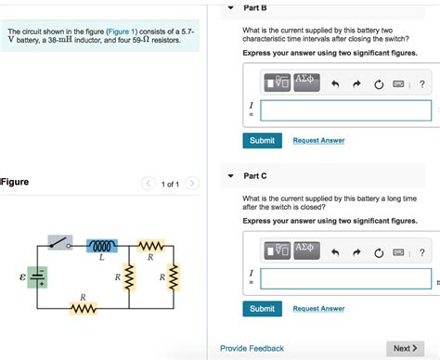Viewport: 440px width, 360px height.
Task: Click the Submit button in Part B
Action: (262, 140)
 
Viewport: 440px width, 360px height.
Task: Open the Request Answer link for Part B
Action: (318, 140)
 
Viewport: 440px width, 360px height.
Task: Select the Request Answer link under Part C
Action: (318, 308)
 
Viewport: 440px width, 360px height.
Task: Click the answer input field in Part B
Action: (345, 110)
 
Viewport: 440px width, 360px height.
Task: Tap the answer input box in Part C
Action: (345, 278)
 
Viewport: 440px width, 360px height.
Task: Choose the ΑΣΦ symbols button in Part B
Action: (306, 84)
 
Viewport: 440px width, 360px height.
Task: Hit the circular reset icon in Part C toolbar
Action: (378, 252)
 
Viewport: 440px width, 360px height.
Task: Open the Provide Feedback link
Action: (252, 348)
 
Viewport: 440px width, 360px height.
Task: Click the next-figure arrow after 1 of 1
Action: (191, 184)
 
